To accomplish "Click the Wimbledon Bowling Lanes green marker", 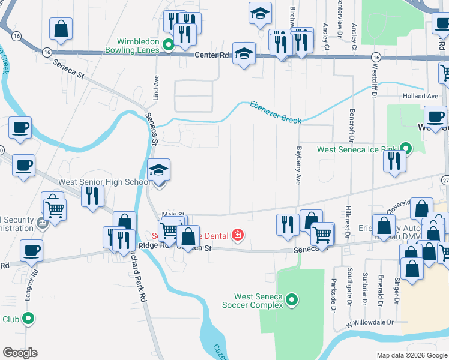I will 169,44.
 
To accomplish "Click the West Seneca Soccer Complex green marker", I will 292,299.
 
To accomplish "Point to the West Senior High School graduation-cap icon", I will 159,170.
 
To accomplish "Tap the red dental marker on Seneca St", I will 238,234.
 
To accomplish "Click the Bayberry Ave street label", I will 298,167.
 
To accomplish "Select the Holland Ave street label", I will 420,96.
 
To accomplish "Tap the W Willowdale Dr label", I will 369,323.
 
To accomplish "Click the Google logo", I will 20,353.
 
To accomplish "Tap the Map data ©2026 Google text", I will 411,355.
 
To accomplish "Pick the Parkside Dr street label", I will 334,295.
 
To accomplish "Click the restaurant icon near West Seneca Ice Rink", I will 394,161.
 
